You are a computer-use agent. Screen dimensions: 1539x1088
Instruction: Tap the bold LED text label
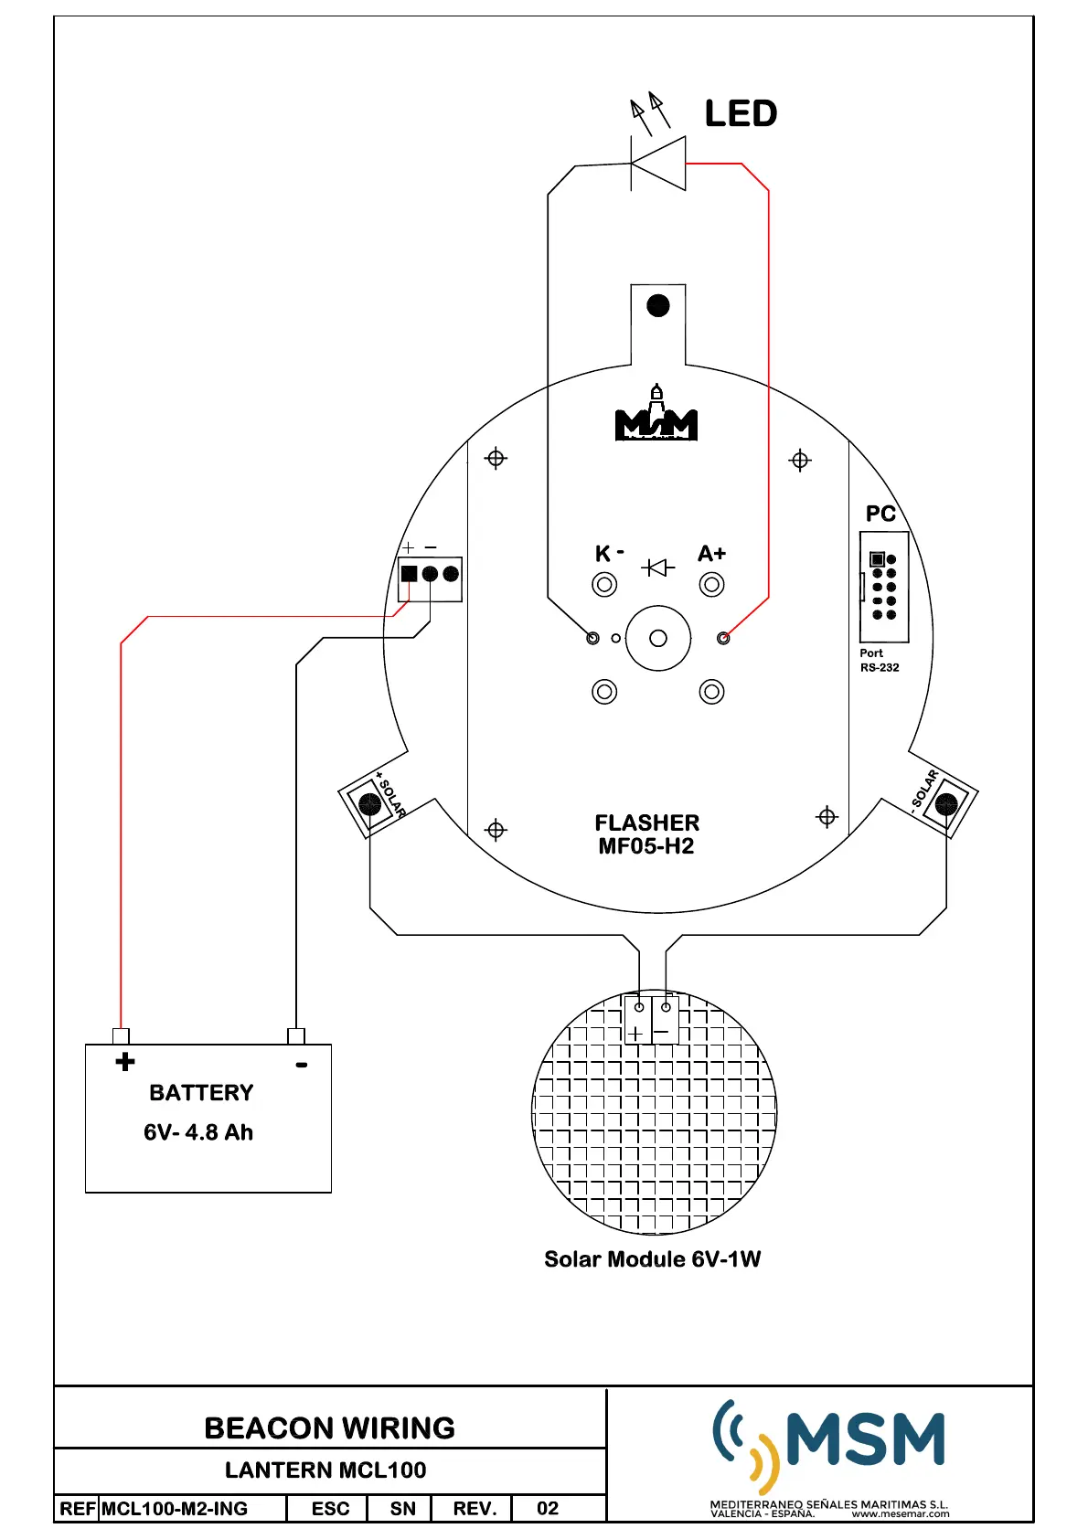pyautogui.click(x=741, y=114)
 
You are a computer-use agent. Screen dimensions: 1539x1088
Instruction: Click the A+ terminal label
pyautogui.click(x=711, y=553)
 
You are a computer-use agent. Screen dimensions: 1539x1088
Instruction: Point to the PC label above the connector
pyautogui.click(x=880, y=514)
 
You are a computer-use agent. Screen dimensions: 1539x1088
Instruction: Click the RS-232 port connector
pyautogui.click(x=884, y=586)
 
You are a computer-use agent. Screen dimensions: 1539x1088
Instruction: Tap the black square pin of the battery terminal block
pyautogui.click(x=409, y=574)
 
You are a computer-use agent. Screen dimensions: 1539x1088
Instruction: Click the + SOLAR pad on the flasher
pyautogui.click(x=370, y=804)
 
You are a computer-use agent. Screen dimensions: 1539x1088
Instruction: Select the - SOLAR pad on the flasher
pyautogui.click(x=946, y=804)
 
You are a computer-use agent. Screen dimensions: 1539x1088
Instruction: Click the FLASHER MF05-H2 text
pyautogui.click(x=646, y=834)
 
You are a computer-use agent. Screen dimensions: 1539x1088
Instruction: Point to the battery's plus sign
pyautogui.click(x=125, y=1062)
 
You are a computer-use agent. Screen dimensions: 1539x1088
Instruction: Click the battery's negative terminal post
pyautogui.click(x=295, y=1036)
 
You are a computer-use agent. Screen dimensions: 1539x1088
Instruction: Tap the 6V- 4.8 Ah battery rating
pyautogui.click(x=198, y=1132)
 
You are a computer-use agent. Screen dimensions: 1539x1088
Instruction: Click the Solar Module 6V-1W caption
pyautogui.click(x=652, y=1259)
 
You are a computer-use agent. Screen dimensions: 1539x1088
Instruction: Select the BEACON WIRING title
pyautogui.click(x=329, y=1428)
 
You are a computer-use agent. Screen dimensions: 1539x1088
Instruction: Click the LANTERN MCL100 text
pyautogui.click(x=325, y=1470)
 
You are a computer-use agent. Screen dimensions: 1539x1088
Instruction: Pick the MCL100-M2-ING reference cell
pyautogui.click(x=175, y=1509)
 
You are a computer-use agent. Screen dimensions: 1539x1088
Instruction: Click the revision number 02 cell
pyautogui.click(x=548, y=1509)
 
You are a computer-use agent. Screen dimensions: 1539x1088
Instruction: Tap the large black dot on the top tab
pyautogui.click(x=658, y=305)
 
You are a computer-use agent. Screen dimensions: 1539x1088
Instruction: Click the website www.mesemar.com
pyautogui.click(x=900, y=1514)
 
